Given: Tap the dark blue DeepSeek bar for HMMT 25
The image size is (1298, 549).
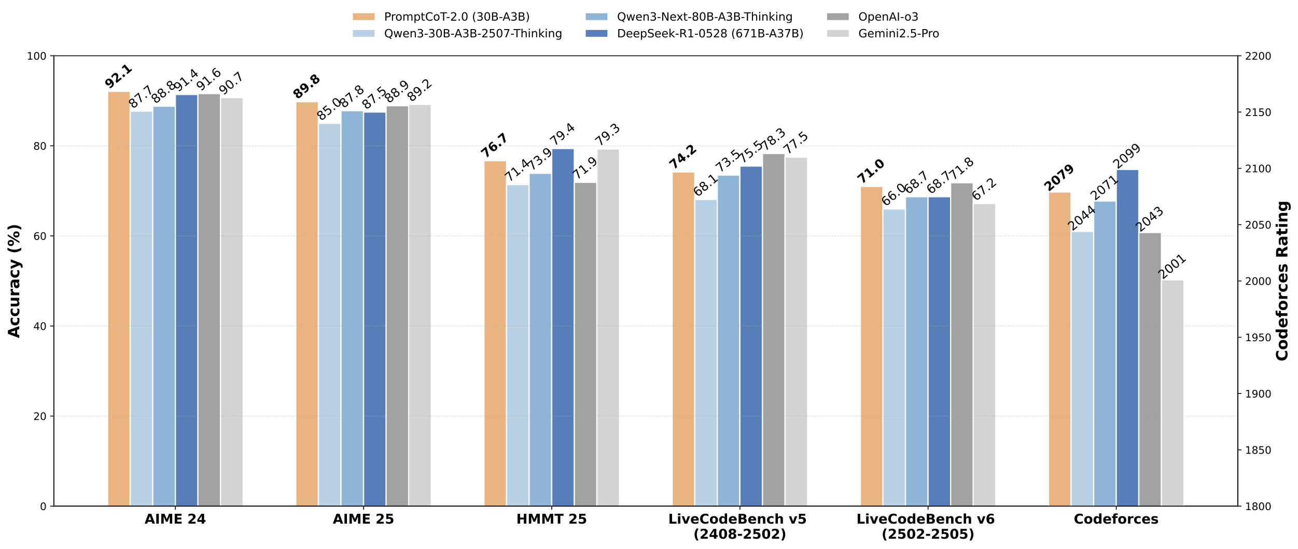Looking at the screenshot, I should [x=563, y=327].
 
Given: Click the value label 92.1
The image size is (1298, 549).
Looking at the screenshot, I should [x=119, y=76].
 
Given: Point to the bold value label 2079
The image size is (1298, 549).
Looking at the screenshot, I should [x=1059, y=178].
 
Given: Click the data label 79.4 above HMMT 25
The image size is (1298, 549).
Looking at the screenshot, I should [x=563, y=134].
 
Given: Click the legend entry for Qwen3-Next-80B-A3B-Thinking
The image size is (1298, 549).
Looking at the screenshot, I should [x=704, y=17].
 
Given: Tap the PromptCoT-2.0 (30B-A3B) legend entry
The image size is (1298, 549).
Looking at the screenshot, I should [x=456, y=17].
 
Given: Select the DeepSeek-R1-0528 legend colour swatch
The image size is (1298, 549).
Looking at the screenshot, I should [x=596, y=34].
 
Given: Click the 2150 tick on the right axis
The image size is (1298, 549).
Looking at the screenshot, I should [x=1258, y=112].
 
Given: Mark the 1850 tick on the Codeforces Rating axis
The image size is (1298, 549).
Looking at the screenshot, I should [x=1258, y=451].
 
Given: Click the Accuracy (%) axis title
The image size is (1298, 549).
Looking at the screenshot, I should [x=15, y=281].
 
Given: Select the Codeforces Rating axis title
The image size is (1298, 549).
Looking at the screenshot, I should [x=1282, y=281].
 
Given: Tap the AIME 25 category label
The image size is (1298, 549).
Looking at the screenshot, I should [x=363, y=519].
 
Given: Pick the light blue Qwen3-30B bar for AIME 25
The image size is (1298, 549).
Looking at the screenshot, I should [x=329, y=315].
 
